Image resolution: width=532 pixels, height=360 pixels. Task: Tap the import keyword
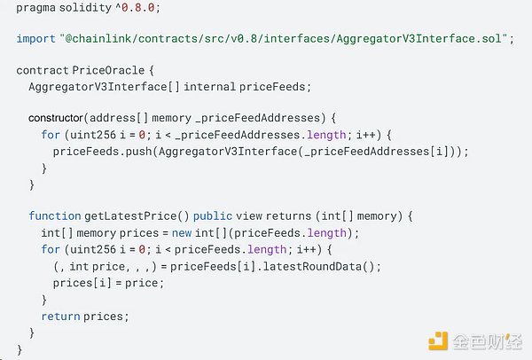pyautogui.click(x=35, y=39)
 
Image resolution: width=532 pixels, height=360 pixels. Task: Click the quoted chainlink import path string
pyautogui.click(x=284, y=39)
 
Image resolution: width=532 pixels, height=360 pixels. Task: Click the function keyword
pyautogui.click(x=53, y=215)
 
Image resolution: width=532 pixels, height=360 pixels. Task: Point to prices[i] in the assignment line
pyautogui.click(x=75, y=282)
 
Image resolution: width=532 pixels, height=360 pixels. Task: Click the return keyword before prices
pyautogui.click(x=61, y=315)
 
